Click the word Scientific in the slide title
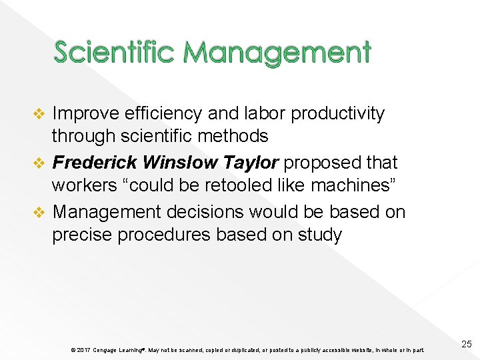coord(114,52)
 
